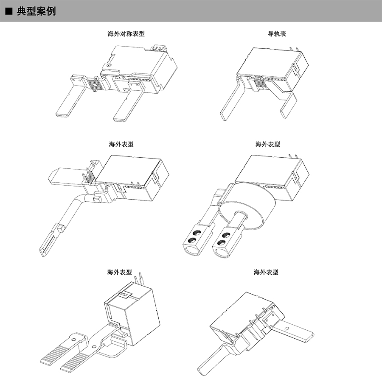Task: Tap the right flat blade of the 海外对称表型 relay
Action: [x=126, y=106]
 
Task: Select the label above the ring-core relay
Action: [x=267, y=144]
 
